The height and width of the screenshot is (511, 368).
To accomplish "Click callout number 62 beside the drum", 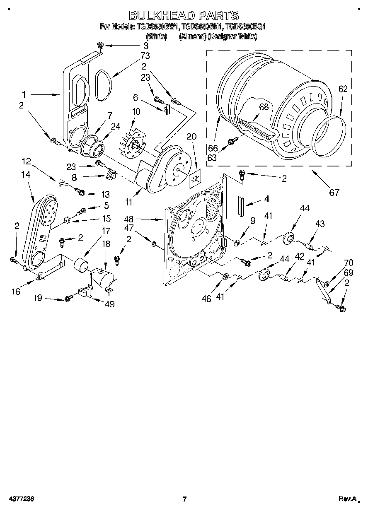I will (343, 88).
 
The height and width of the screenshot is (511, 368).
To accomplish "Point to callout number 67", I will (334, 192).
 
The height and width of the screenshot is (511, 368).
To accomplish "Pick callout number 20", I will (191, 137).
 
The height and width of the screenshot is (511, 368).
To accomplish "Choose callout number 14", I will (25, 175).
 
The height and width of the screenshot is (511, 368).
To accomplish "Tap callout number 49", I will (110, 304).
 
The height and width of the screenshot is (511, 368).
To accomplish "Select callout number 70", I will (349, 262).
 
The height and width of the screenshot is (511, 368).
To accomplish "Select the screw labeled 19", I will (68, 299).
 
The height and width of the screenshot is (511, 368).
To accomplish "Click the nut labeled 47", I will (154, 243).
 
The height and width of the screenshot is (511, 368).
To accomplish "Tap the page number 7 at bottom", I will (185, 499).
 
